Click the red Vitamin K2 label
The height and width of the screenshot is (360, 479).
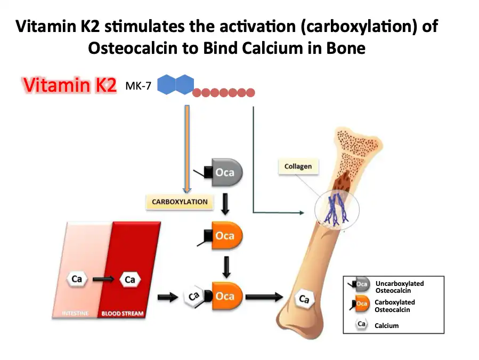[69, 85]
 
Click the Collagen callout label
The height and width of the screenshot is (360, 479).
[298, 166]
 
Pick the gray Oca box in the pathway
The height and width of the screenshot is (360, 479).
[226, 173]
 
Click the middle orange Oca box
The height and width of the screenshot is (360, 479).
[226, 235]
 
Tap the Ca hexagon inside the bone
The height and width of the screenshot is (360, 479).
[304, 299]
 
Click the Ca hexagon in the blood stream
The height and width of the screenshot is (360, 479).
[130, 279]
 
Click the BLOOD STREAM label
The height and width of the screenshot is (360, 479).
[123, 314]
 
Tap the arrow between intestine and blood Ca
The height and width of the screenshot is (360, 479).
[103, 279]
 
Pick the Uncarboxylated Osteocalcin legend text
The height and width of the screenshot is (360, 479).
[399, 287]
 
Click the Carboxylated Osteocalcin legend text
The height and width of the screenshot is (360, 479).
[394, 306]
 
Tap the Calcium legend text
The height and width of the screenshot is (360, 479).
[386, 325]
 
